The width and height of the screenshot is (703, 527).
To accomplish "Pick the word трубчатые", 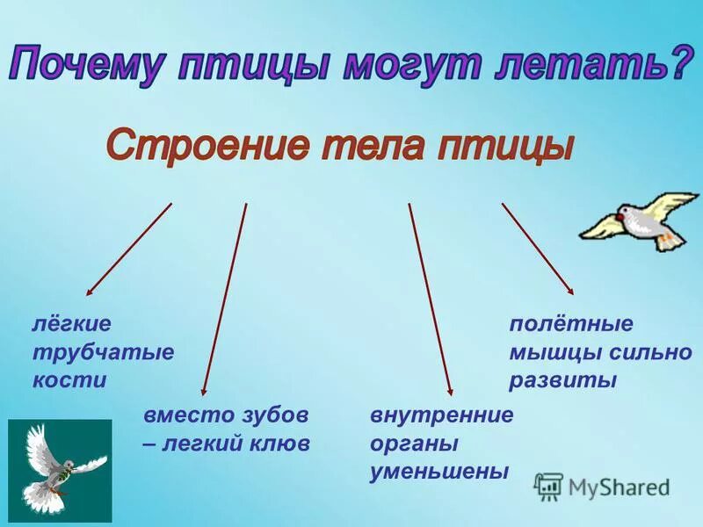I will point(103,352).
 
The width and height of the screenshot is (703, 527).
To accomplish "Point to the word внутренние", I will point(441,415).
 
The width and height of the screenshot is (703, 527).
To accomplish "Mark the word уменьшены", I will point(439,472).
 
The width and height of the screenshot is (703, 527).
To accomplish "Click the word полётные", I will point(571,323).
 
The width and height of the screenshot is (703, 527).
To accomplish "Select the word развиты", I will point(563,380).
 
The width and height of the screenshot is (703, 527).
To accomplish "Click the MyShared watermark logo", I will point(602,486).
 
